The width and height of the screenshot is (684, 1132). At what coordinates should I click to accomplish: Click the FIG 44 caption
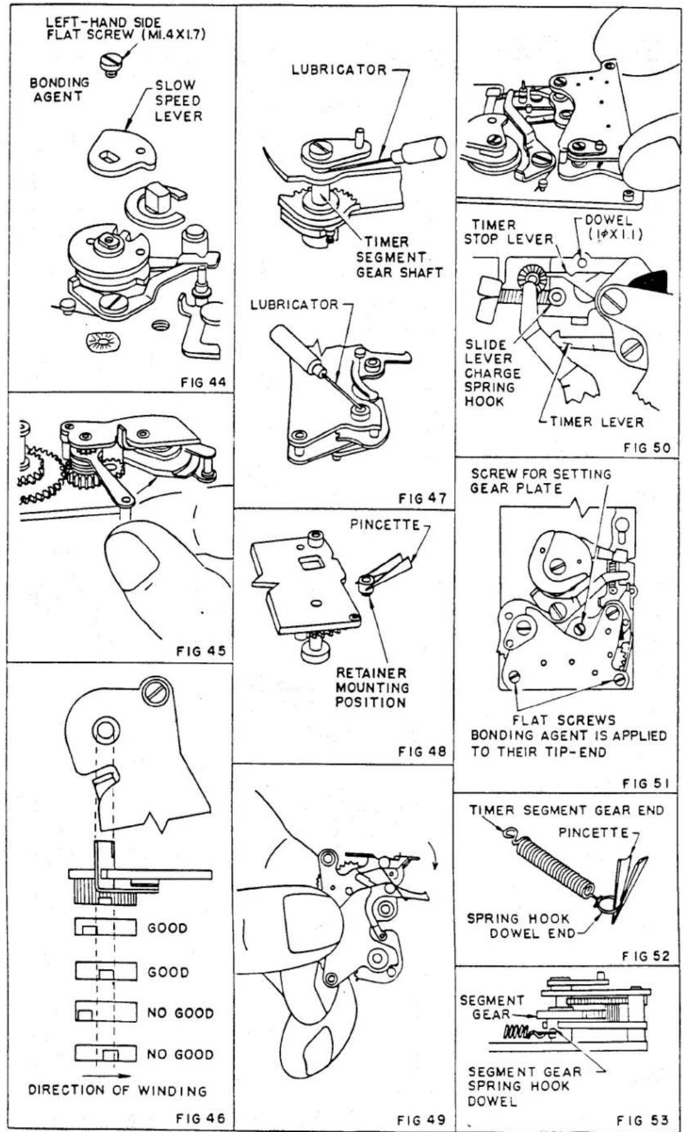pos(203,382)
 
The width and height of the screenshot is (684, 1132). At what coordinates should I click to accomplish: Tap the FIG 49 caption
pos(421,1119)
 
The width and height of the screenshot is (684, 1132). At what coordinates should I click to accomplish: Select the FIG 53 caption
pos(643,1120)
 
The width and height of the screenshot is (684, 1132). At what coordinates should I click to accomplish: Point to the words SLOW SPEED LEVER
pos(178,100)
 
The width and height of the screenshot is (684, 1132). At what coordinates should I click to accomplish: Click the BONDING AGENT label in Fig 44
pos(59,89)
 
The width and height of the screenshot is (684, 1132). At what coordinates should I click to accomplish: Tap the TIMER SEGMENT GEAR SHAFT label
pos(399,257)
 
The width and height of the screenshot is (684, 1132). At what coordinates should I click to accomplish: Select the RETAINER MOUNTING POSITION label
pos(372,688)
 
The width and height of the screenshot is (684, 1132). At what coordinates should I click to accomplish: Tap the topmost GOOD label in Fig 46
pos(168,927)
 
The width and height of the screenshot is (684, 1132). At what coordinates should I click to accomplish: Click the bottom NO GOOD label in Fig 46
pos(180,1054)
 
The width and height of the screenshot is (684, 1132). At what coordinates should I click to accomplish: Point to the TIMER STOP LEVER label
pos(508,232)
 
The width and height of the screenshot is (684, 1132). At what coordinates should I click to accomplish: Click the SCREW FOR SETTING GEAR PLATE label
pos(541,481)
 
